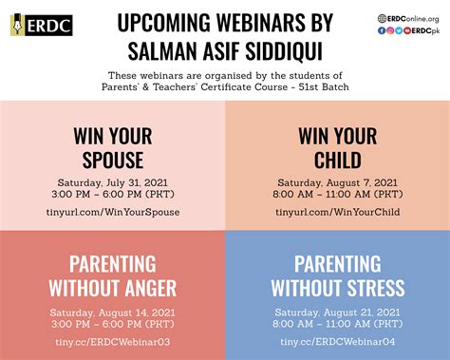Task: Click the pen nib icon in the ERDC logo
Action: coord(18,26)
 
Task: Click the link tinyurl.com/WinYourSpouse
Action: coord(113,212)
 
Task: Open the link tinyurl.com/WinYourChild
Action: coord(337,212)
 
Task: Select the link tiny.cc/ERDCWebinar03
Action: coord(113,340)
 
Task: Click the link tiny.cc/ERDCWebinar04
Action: coord(337,340)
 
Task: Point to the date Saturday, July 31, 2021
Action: coord(113,180)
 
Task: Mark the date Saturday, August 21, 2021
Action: coord(337,310)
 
